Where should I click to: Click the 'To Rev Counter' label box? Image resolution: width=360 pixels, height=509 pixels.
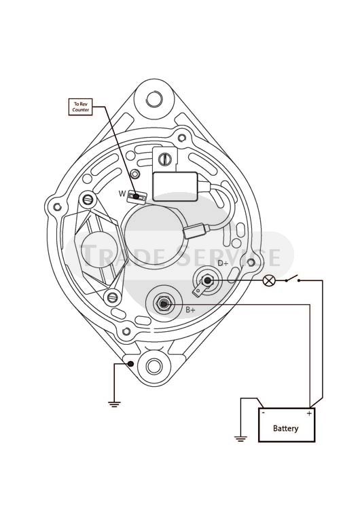pyautogui.click(x=81, y=107)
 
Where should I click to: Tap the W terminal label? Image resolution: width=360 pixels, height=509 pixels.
pyautogui.click(x=122, y=194)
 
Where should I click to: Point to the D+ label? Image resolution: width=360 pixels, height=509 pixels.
pyautogui.click(x=223, y=263)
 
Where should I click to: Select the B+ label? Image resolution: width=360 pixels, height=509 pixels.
pyautogui.click(x=190, y=310)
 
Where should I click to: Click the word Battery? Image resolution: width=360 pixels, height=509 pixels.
pyautogui.click(x=285, y=428)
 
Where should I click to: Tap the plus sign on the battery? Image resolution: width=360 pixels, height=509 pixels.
pyautogui.click(x=309, y=413)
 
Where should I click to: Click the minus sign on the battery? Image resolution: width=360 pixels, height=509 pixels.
pyautogui.click(x=263, y=413)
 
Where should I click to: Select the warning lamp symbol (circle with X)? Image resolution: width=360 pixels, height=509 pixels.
pyautogui.click(x=269, y=280)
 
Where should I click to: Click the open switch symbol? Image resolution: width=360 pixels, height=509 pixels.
pyautogui.click(x=293, y=279)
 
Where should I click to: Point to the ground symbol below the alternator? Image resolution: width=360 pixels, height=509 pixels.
pyautogui.click(x=114, y=404)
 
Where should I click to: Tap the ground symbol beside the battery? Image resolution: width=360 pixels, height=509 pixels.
pyautogui.click(x=240, y=439)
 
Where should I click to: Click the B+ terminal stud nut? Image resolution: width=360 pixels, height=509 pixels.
pyautogui.click(x=164, y=303)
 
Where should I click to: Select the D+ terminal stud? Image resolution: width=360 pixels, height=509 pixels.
pyautogui.click(x=206, y=280)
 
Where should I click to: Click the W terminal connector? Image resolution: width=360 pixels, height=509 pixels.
pyautogui.click(x=137, y=197)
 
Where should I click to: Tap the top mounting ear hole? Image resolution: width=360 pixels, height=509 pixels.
pyautogui.click(x=154, y=98)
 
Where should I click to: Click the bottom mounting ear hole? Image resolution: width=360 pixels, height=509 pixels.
pyautogui.click(x=154, y=366)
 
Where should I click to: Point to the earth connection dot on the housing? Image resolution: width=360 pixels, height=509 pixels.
pyautogui.click(x=130, y=364)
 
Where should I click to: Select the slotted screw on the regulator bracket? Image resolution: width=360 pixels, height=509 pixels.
pyautogui.click(x=164, y=159)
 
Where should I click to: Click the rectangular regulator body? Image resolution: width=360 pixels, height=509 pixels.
pyautogui.click(x=175, y=187)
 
